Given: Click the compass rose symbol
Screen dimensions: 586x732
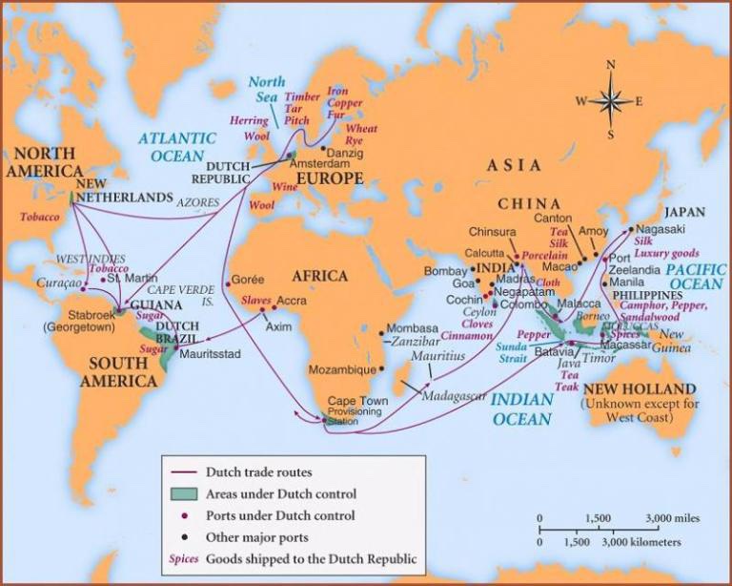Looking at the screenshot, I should click(x=610, y=99).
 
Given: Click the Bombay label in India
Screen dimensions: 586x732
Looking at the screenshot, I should click(x=445, y=271).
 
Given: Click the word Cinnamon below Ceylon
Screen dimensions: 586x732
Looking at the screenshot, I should click(x=466, y=336).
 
